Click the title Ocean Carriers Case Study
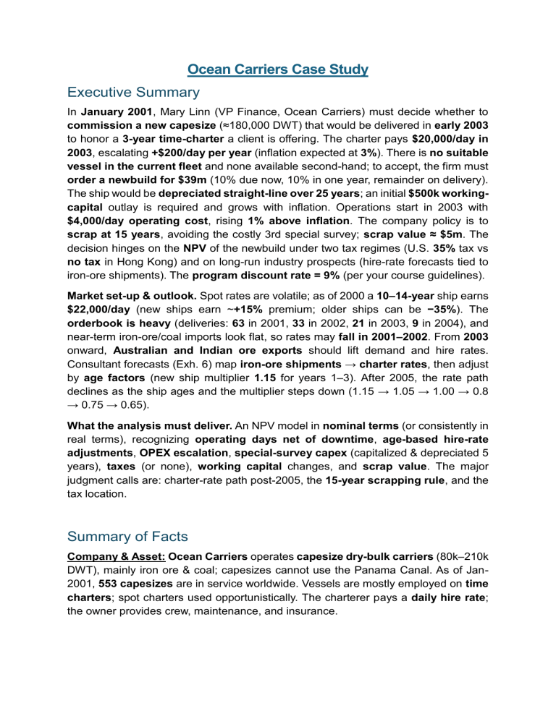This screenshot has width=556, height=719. tap(278, 69)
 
